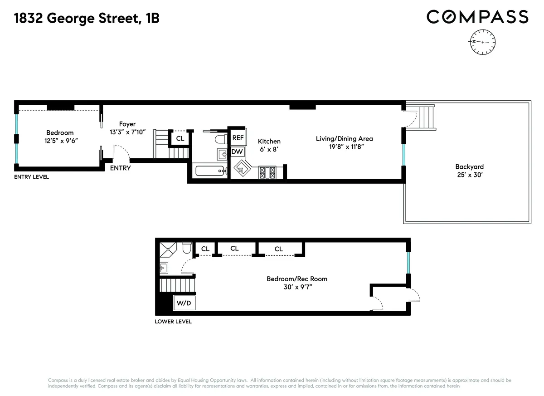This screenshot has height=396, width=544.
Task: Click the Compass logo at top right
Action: [477, 17]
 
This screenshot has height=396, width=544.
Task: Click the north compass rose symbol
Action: [482, 42]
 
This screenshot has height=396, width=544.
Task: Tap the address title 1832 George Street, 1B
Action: [87, 19]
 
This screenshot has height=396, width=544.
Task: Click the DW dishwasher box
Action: [238, 152]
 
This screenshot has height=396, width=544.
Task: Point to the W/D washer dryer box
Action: [184, 303]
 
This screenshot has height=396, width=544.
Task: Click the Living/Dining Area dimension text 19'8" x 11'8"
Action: [344, 147]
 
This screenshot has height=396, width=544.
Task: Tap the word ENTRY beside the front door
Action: [120, 168]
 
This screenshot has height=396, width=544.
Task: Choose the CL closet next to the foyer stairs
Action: [180, 138]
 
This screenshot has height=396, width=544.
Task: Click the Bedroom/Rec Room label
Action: [296, 279]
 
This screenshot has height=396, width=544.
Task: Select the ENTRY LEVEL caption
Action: [31, 177]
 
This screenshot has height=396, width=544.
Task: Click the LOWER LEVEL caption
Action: [173, 322]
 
